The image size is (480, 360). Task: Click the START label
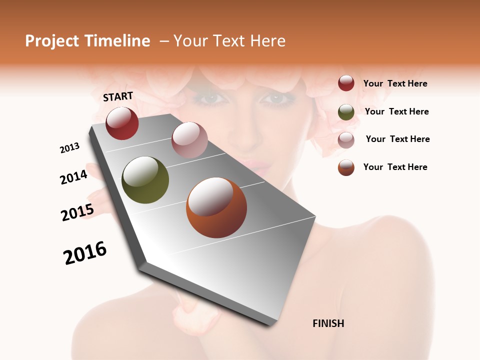[118, 96]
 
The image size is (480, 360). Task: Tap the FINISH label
[328, 323]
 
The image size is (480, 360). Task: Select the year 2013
[69, 148]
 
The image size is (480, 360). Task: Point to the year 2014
[73, 177]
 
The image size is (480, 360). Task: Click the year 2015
[77, 212]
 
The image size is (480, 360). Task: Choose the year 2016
[85, 253]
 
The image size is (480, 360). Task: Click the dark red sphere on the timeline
[122, 123]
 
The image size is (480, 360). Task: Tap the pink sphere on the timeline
[189, 139]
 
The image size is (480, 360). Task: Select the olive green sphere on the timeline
[145, 180]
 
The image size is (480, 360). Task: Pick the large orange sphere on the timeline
[216, 207]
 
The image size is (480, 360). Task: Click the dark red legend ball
[346, 83]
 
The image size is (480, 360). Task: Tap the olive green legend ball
[346, 112]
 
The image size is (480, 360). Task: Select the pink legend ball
[346, 139]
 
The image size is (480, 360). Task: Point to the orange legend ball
[346, 167]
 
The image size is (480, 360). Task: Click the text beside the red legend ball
[395, 84]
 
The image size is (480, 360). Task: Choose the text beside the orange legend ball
[395, 167]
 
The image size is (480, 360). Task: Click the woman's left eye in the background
[274, 98]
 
